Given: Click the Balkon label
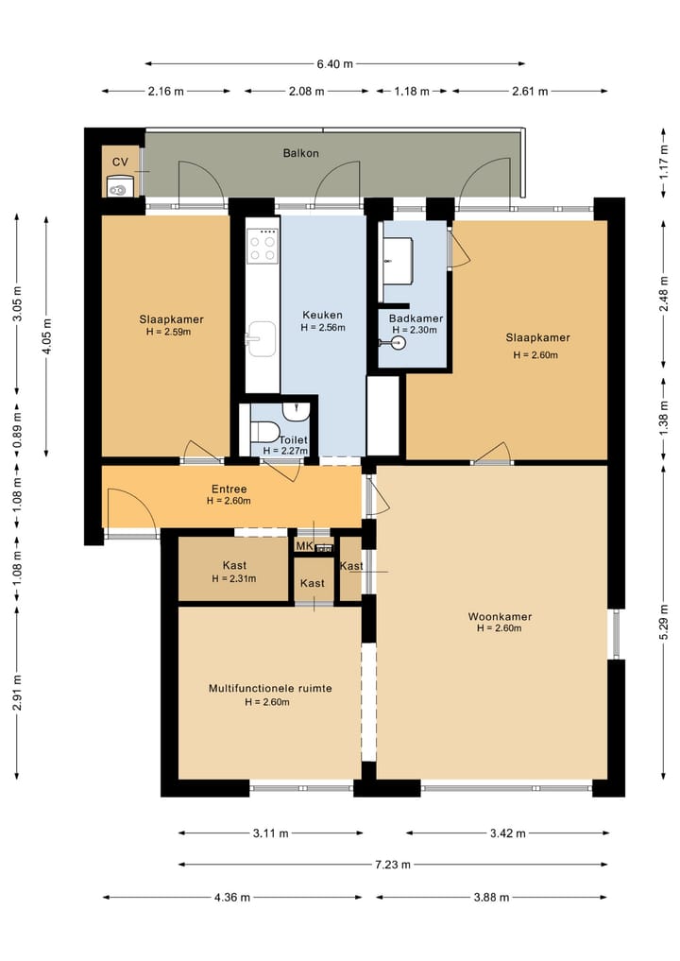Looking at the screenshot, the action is (300, 153).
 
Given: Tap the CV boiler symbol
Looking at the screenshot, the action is (119, 186).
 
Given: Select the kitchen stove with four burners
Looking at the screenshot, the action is (263, 247).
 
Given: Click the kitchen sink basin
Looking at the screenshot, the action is (261, 339).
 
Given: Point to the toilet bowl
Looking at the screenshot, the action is (264, 432).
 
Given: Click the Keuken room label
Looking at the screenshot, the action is (322, 315).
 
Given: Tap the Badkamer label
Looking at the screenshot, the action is (416, 318).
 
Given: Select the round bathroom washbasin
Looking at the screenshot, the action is (399, 343).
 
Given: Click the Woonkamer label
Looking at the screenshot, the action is (500, 616).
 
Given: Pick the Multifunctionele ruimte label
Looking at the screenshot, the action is (270, 688).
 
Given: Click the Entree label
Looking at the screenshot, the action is (229, 489).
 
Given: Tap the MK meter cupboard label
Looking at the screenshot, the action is (304, 546).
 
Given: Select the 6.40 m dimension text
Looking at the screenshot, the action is (334, 63).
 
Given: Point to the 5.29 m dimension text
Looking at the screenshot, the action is (664, 622).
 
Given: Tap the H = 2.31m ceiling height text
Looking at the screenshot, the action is (234, 578).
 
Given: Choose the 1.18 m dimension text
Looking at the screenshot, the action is (412, 92).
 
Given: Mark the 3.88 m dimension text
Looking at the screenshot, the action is (491, 898).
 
